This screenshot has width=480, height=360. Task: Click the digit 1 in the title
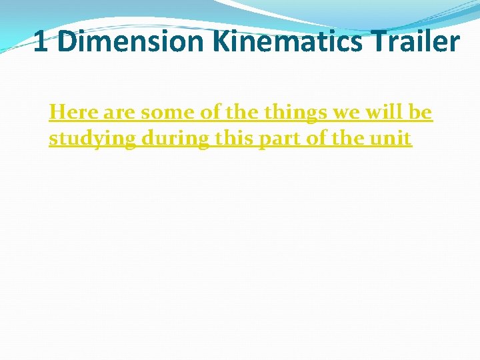tap(40, 41)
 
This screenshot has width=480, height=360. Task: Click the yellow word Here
tap(73, 113)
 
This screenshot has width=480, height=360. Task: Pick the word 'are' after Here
tap(119, 113)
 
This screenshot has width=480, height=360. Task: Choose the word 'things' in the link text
tap(296, 113)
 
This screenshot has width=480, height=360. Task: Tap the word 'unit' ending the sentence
tap(389, 139)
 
